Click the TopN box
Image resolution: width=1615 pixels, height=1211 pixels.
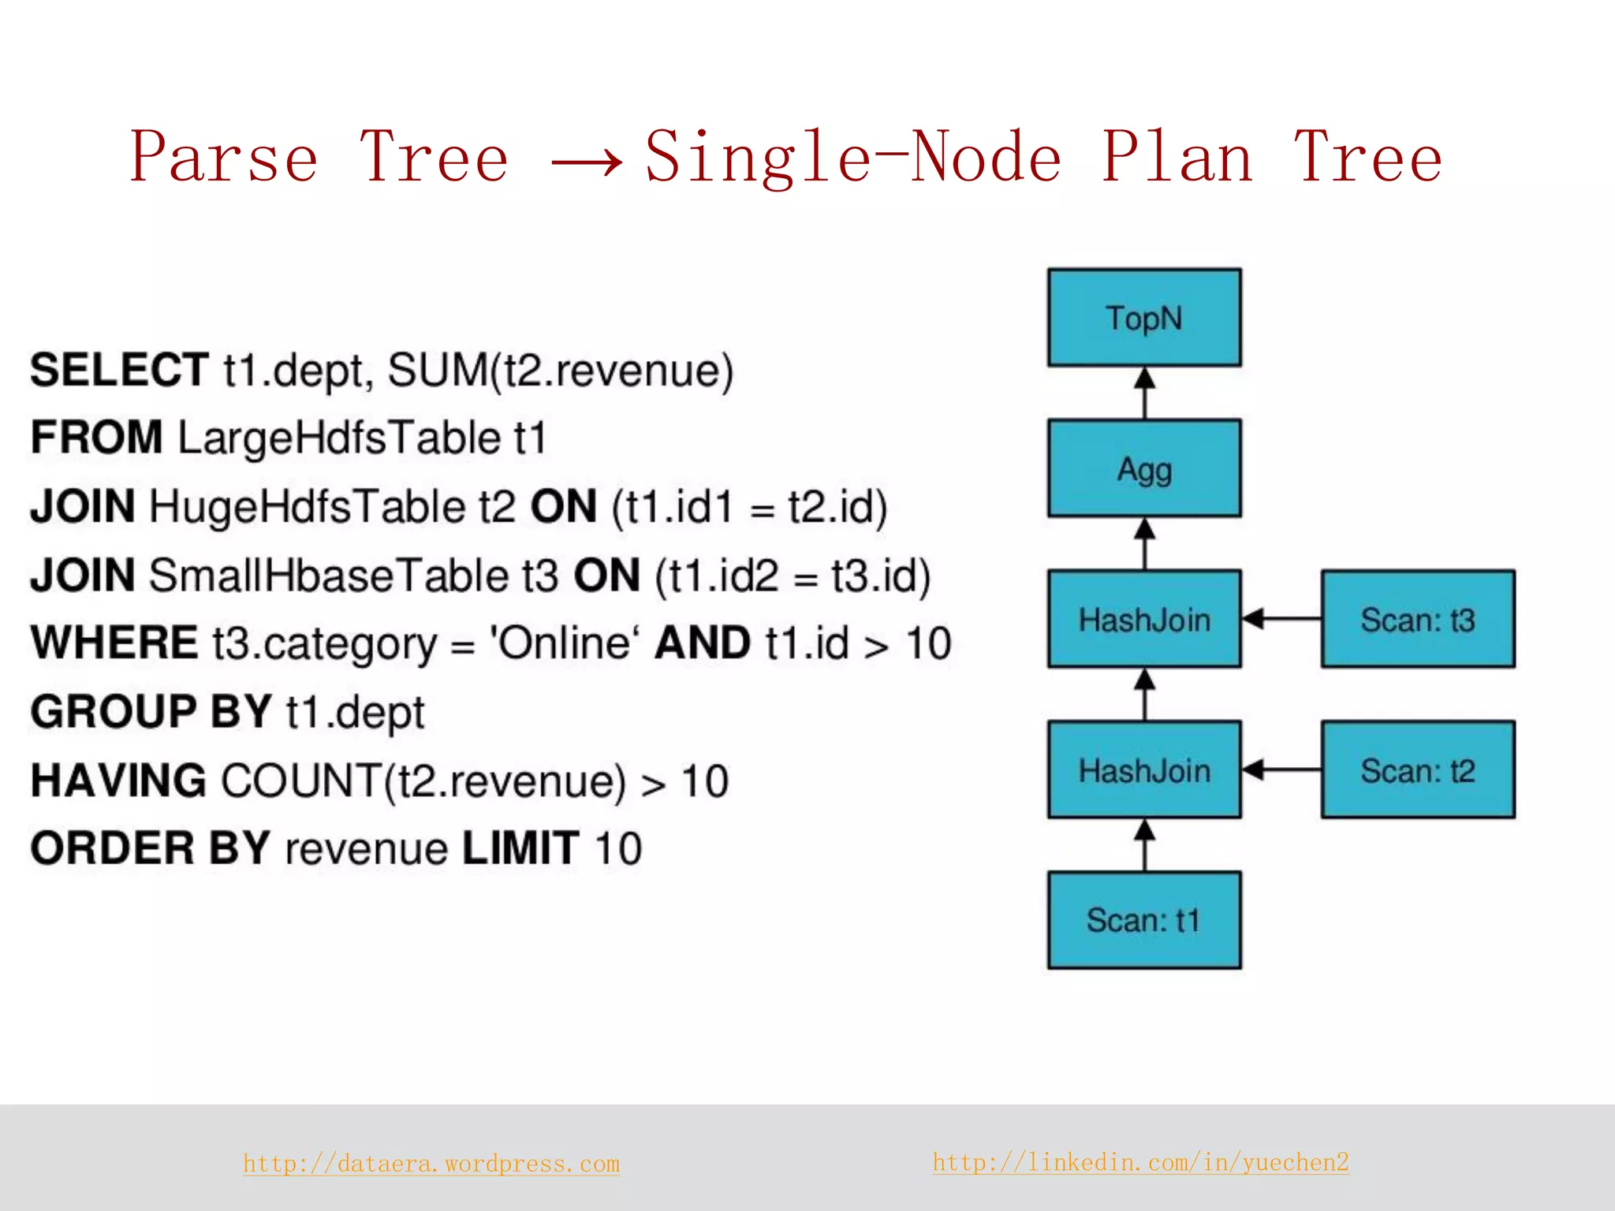tap(1143, 318)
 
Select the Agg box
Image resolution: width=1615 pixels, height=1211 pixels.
tap(1143, 468)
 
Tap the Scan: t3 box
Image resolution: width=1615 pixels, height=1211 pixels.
tap(1417, 619)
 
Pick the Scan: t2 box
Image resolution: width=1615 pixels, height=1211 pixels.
tap(1417, 769)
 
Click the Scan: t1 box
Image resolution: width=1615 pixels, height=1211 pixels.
tap(1143, 920)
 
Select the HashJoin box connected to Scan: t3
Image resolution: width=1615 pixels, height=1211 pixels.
tap(1143, 619)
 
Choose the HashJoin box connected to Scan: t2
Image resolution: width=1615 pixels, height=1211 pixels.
tap(1143, 769)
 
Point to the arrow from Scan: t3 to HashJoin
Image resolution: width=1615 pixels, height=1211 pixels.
tap(1281, 619)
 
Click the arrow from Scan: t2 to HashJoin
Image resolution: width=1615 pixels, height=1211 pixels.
tap(1281, 769)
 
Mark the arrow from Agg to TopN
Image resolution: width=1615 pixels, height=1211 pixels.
tap(1144, 393)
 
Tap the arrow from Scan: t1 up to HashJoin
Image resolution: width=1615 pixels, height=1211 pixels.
tap(1144, 844)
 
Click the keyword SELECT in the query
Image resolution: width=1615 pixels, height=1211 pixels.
tap(119, 370)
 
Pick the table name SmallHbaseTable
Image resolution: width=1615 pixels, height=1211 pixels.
tap(329, 575)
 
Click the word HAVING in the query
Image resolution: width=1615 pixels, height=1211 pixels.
tap(118, 781)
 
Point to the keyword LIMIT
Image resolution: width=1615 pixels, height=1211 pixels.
tap(520, 848)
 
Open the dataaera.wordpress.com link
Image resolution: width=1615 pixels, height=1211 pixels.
tap(431, 1164)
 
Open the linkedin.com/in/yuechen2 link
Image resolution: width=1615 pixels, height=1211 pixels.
tap(1140, 1162)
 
